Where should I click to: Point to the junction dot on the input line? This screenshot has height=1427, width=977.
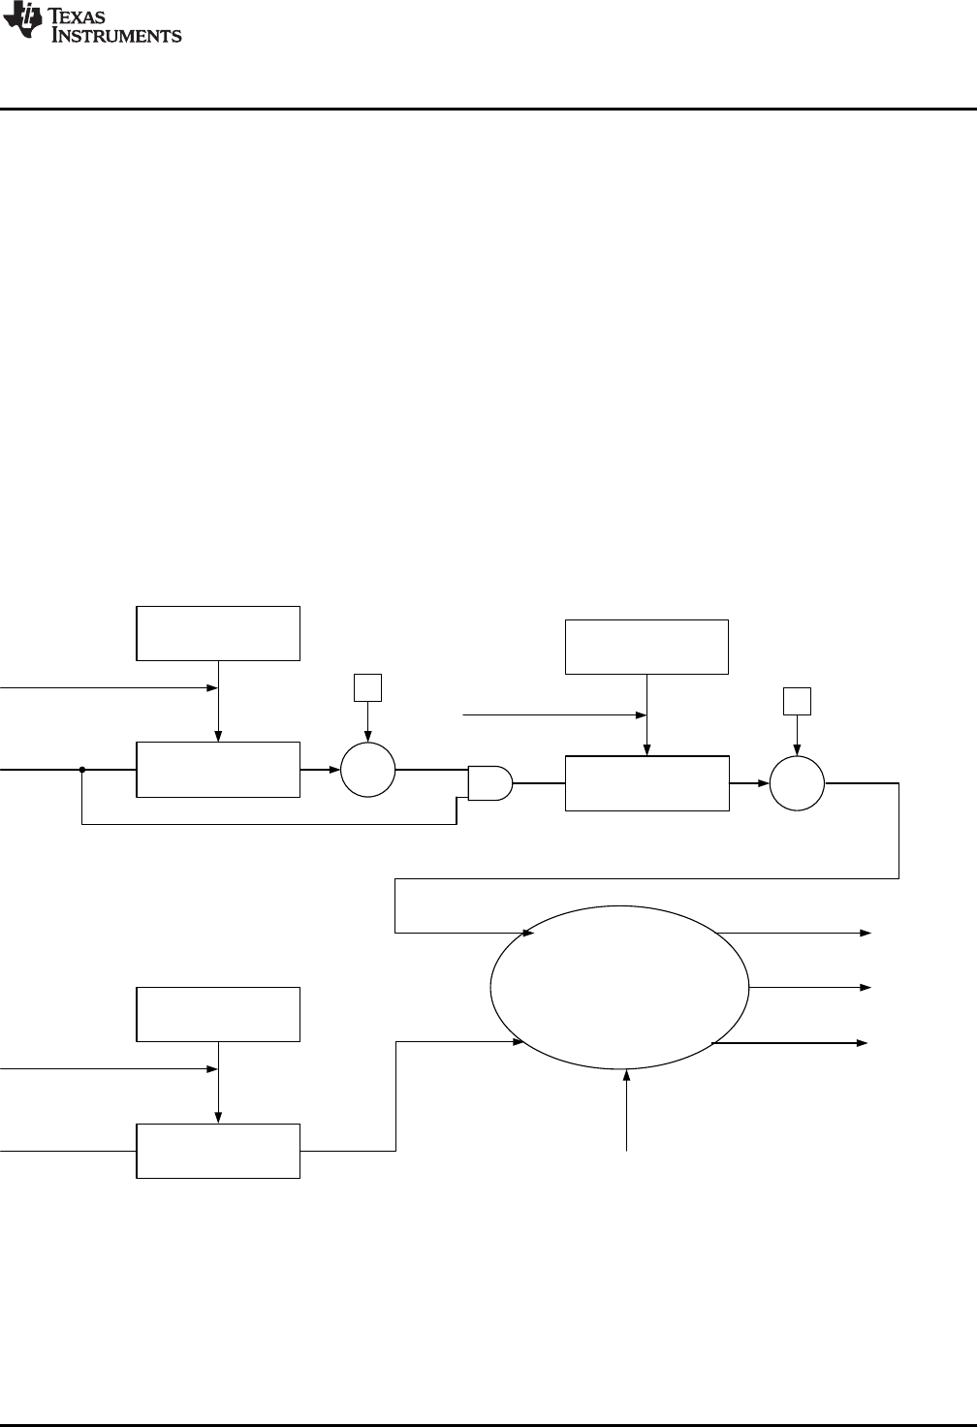point(82,771)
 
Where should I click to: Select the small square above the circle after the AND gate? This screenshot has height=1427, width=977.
point(797,701)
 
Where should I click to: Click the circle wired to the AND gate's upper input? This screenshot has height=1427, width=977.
point(368,771)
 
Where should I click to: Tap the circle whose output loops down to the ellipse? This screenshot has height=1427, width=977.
point(797,783)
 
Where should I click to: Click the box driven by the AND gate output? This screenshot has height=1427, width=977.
point(646,783)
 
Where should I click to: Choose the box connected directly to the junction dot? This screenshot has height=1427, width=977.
point(218,771)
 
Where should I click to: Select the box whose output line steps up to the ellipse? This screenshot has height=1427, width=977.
point(218,1151)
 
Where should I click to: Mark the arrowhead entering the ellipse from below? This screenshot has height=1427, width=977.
point(627,1076)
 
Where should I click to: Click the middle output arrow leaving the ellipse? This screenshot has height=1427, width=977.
point(863,987)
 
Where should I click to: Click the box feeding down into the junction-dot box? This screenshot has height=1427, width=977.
point(218,633)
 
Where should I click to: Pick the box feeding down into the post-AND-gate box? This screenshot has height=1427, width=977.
point(646,646)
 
